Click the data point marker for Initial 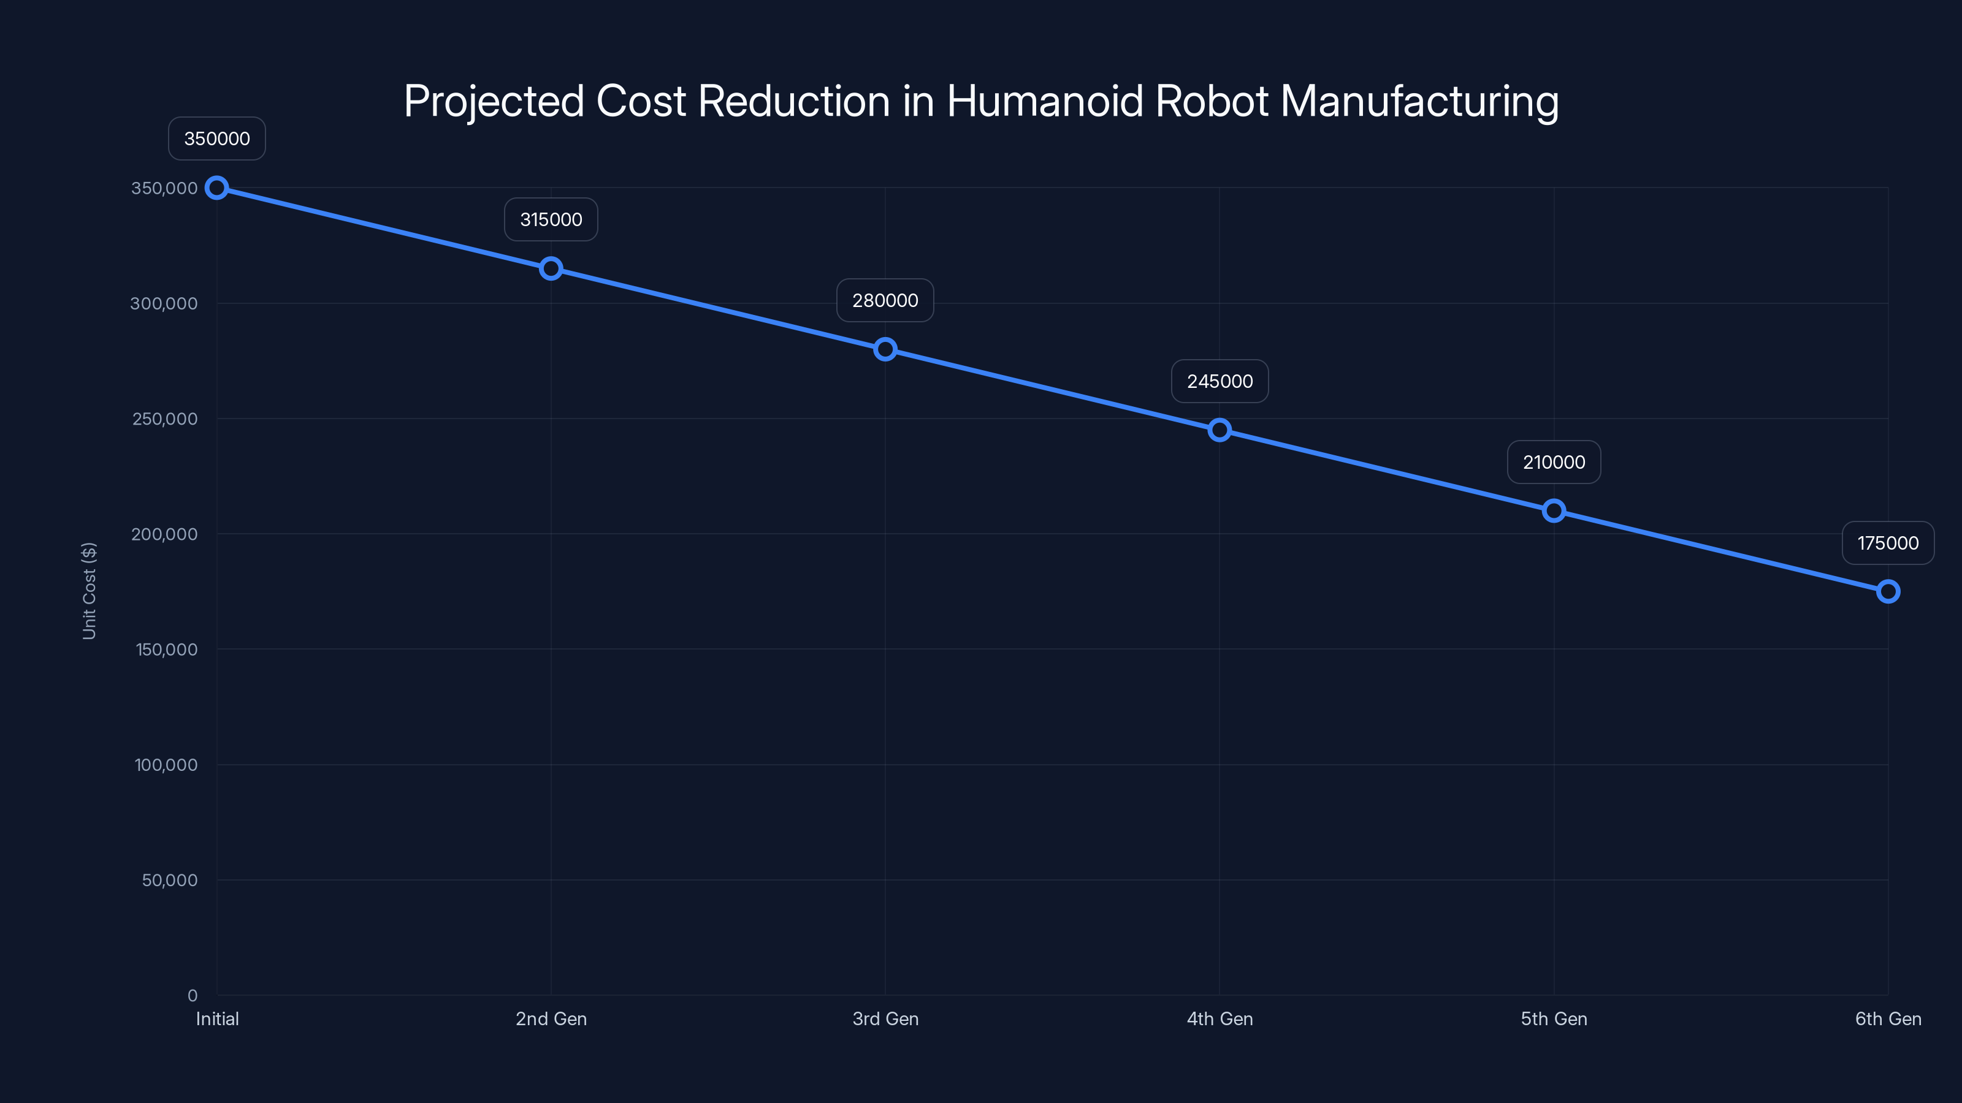point(217,188)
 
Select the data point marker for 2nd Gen point(551,269)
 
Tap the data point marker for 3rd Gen point(885,349)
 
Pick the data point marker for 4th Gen point(1220,430)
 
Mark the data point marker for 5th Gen point(1554,511)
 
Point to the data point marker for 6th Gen point(1888,591)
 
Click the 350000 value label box point(217,138)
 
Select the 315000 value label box point(551,219)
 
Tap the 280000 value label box point(885,301)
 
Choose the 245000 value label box point(1220,381)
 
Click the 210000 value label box point(1554,462)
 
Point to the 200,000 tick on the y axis point(164,534)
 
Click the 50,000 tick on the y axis point(169,880)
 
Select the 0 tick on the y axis point(192,996)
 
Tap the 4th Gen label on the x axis point(1220,1018)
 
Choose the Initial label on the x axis point(217,1018)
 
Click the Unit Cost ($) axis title point(89,591)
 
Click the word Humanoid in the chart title point(1044,101)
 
